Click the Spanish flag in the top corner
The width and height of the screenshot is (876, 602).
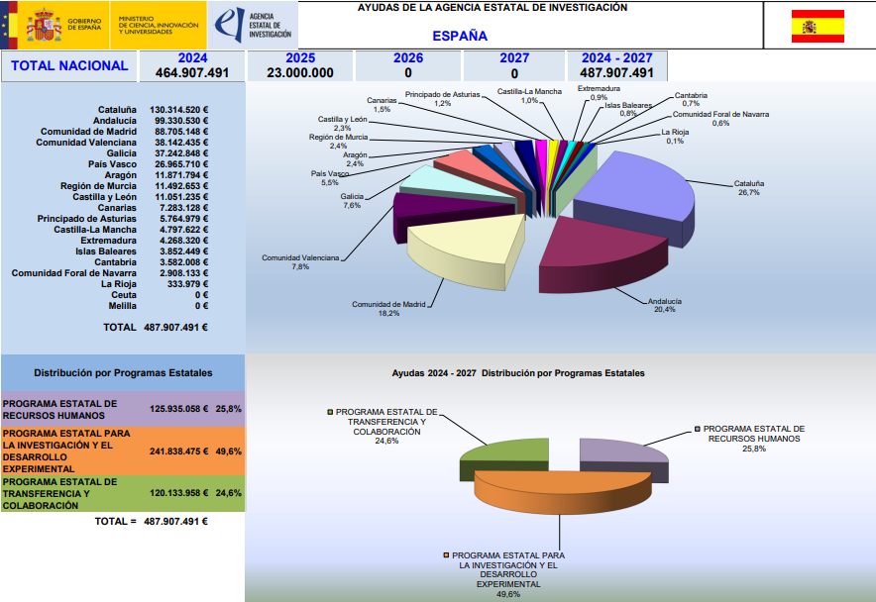818,26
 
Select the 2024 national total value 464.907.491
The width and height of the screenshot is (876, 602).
193,73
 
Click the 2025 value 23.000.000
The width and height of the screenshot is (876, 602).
300,73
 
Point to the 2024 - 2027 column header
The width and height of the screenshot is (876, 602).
616,58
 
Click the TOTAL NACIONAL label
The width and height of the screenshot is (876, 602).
69,66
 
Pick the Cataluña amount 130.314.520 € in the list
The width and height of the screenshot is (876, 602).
178,110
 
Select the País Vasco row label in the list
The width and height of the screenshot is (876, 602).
111,164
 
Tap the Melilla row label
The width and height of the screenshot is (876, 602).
123,306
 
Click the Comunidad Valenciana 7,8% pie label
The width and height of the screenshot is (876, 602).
300,262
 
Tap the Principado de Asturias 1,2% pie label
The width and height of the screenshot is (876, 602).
442,98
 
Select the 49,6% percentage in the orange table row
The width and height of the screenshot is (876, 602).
229,451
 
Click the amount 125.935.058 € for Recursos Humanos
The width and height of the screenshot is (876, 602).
178,408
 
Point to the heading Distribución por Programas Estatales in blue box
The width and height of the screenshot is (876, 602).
123,374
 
